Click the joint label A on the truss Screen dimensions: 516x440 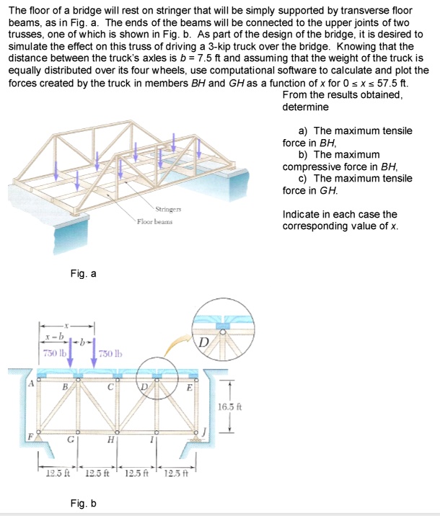[x=32, y=383]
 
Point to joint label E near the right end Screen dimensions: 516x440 [x=189, y=387]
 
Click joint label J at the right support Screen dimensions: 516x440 [x=205, y=433]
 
